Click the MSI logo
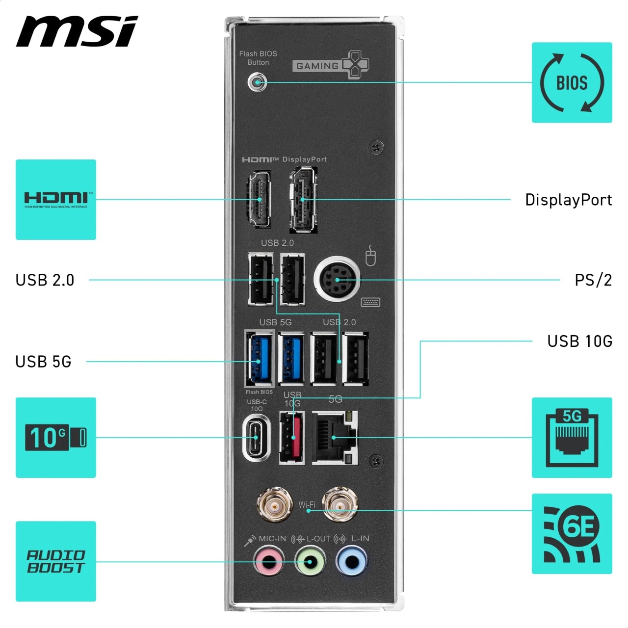click(77, 31)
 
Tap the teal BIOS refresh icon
click(572, 82)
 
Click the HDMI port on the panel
click(259, 199)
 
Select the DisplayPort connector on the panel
click(303, 200)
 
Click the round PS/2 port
click(337, 279)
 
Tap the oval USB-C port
click(257, 438)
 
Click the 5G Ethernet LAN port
click(335, 438)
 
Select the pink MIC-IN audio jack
click(268, 561)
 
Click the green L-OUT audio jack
click(310, 561)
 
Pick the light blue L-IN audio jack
click(352, 561)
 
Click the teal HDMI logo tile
click(56, 200)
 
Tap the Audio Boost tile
click(56, 561)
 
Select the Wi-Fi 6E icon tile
click(572, 533)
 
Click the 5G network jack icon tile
click(572, 438)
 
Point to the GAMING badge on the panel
click(331, 65)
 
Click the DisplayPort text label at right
click(568, 200)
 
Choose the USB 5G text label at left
click(43, 362)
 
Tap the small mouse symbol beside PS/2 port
click(370, 256)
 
